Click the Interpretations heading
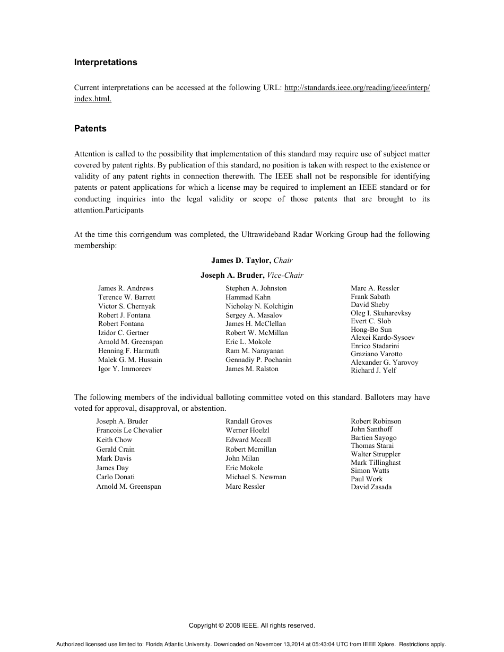(x=106, y=63)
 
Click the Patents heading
(x=90, y=129)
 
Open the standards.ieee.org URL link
(x=357, y=88)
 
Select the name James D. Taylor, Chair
(x=251, y=261)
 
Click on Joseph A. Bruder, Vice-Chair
(x=251, y=275)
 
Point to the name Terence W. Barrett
(x=126, y=297)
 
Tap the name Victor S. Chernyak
(x=126, y=306)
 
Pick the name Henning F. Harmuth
(x=128, y=351)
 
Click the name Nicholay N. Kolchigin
(x=259, y=306)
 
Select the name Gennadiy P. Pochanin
(x=258, y=360)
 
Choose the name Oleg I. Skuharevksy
(x=380, y=313)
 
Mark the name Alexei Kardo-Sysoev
(x=383, y=338)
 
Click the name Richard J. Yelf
(x=373, y=371)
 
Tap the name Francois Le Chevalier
(x=129, y=430)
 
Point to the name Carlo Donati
(x=115, y=477)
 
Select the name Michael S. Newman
(x=256, y=477)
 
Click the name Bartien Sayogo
(x=373, y=438)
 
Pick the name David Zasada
(x=371, y=487)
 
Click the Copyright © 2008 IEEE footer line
(x=251, y=625)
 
